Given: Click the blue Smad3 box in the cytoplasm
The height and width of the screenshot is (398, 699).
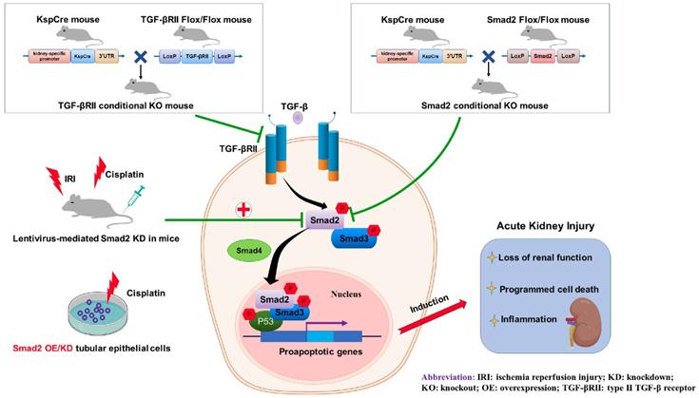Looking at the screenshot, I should pos(356,239).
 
